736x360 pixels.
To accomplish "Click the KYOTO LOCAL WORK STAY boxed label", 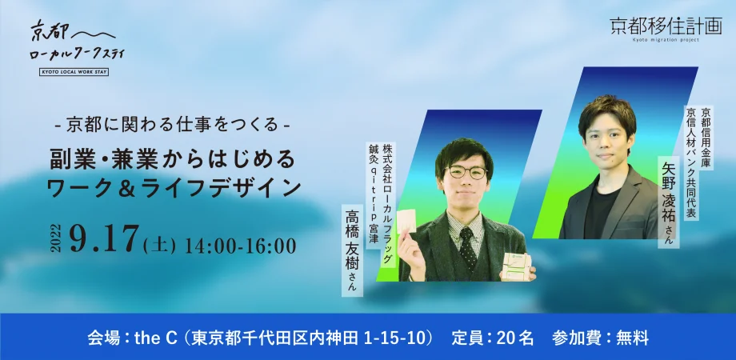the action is [74, 72].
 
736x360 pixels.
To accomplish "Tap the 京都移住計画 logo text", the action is [666, 26].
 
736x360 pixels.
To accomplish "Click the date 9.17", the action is [104, 239].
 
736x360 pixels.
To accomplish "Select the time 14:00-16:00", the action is [241, 246].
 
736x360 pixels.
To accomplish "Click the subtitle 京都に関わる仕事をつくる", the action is [172, 126].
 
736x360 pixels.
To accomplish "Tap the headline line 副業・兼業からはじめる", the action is [174, 159].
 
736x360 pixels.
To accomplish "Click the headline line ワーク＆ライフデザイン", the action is [174, 187].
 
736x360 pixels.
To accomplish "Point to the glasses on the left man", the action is [466, 172].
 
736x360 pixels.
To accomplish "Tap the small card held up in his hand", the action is [406, 222].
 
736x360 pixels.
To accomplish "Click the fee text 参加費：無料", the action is [600, 338].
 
